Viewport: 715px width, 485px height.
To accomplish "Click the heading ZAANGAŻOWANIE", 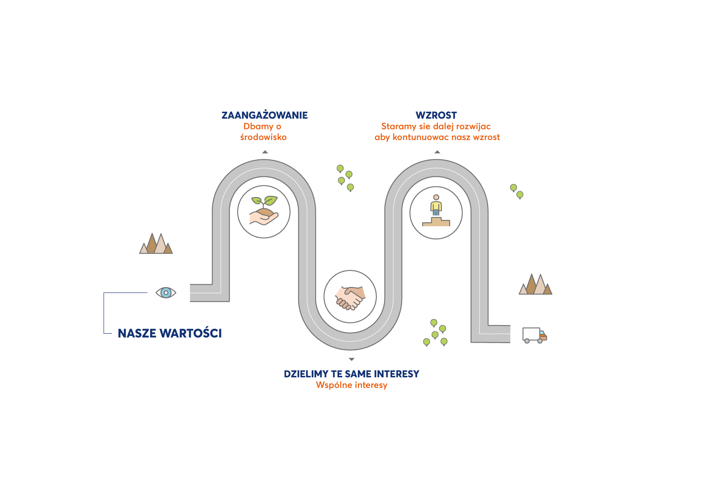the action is tap(265, 115).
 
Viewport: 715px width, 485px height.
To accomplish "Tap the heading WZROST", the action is tap(436, 115).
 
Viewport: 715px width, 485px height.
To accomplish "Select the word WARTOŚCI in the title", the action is tap(190, 333).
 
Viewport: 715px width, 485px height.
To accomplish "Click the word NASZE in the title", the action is tap(137, 333).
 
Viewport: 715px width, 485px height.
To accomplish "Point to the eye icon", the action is tap(166, 293).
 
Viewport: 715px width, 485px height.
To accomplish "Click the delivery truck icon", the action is tap(534, 335).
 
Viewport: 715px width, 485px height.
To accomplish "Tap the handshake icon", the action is tap(350, 298).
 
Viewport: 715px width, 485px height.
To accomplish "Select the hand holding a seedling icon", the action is tap(264, 211).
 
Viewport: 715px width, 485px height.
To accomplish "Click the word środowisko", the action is tap(263, 137).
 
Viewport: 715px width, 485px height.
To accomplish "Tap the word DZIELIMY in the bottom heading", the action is tap(304, 374).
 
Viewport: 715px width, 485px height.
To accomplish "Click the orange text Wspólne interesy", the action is tap(351, 385).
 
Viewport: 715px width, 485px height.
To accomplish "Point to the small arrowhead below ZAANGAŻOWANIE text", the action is tap(265, 152).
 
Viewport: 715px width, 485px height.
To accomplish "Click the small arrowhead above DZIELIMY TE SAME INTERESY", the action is tap(351, 359).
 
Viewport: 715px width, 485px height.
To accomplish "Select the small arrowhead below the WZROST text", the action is tap(437, 152).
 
